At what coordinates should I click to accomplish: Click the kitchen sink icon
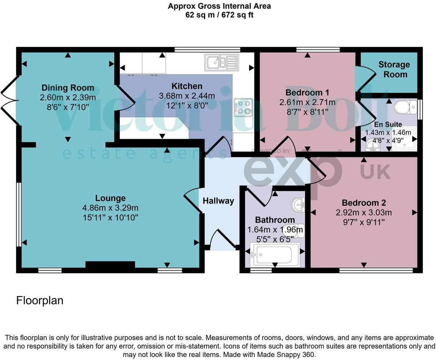point(221,62)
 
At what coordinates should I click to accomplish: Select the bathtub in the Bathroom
point(274,254)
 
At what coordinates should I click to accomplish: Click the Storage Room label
point(394,70)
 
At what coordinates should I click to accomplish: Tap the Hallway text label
point(218,200)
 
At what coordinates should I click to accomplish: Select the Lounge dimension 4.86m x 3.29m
point(110,208)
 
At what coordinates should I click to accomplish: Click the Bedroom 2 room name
point(364,203)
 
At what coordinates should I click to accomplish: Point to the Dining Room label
point(68,88)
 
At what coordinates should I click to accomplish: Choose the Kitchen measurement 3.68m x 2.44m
point(187,96)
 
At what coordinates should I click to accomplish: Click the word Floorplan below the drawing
point(40,301)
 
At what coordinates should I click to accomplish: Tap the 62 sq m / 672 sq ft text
point(219,15)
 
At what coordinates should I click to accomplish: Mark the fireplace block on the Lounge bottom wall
point(110,265)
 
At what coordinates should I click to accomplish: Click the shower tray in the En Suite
point(404,139)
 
